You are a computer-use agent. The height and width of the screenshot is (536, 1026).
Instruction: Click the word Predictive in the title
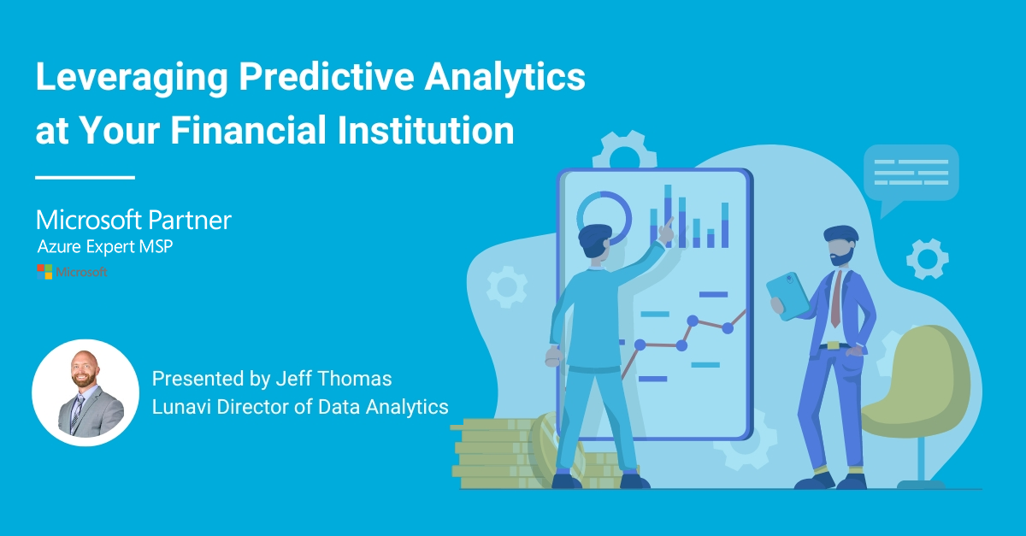(x=326, y=76)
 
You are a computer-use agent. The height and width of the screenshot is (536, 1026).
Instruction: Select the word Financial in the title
(x=248, y=130)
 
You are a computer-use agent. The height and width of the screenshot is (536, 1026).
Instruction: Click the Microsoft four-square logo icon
(x=44, y=272)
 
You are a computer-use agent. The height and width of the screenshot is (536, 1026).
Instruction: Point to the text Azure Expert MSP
(x=105, y=246)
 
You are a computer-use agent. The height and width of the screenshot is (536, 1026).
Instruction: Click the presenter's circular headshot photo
(x=85, y=392)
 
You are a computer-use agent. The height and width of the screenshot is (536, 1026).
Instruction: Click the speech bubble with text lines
(x=911, y=176)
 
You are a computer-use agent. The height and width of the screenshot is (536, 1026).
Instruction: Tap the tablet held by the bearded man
(x=787, y=296)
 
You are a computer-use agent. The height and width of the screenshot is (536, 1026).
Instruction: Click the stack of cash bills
(x=504, y=454)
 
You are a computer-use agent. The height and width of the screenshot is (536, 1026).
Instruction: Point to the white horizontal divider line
(x=85, y=177)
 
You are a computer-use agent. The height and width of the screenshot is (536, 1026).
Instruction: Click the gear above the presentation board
(x=625, y=149)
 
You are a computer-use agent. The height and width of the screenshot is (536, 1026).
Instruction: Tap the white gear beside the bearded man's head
(x=928, y=259)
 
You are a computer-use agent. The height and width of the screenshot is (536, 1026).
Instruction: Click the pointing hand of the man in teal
(x=666, y=232)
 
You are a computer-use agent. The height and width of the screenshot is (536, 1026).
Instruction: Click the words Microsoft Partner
(x=133, y=221)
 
